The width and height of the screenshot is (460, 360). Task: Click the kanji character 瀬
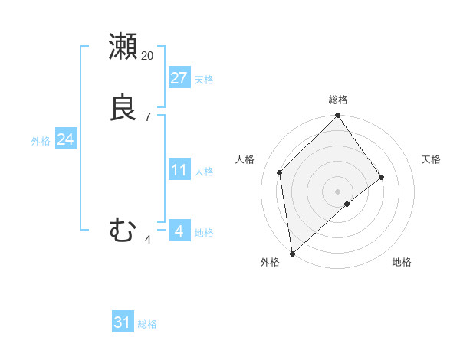pos(123,47)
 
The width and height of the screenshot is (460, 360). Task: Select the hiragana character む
pos(123,229)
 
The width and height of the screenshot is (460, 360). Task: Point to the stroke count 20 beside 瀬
pos(148,56)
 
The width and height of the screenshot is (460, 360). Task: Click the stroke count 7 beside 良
pos(148,117)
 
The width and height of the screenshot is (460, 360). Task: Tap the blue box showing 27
pos(179,78)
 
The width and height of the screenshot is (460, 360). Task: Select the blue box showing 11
pos(179,169)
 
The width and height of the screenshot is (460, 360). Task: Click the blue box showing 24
pos(66,139)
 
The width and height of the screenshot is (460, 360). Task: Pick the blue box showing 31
pos(123,322)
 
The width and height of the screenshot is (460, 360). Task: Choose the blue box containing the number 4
pos(179,231)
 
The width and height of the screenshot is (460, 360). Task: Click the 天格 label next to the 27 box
pos(204,80)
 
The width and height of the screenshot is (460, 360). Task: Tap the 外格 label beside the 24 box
pos(41,141)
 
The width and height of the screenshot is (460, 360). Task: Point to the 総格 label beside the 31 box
pos(147,324)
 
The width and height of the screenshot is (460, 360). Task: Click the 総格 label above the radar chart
pos(338,100)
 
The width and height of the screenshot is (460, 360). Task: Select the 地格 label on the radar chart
pos(402,263)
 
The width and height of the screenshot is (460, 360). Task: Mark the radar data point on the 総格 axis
pos(338,116)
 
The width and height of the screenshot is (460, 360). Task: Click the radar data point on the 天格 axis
pos(382,177)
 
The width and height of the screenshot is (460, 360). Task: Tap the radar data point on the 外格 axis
pos(292,253)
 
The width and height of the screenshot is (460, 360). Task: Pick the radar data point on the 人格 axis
pos(280,172)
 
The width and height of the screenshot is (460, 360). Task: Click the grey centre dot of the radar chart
pos(338,191)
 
